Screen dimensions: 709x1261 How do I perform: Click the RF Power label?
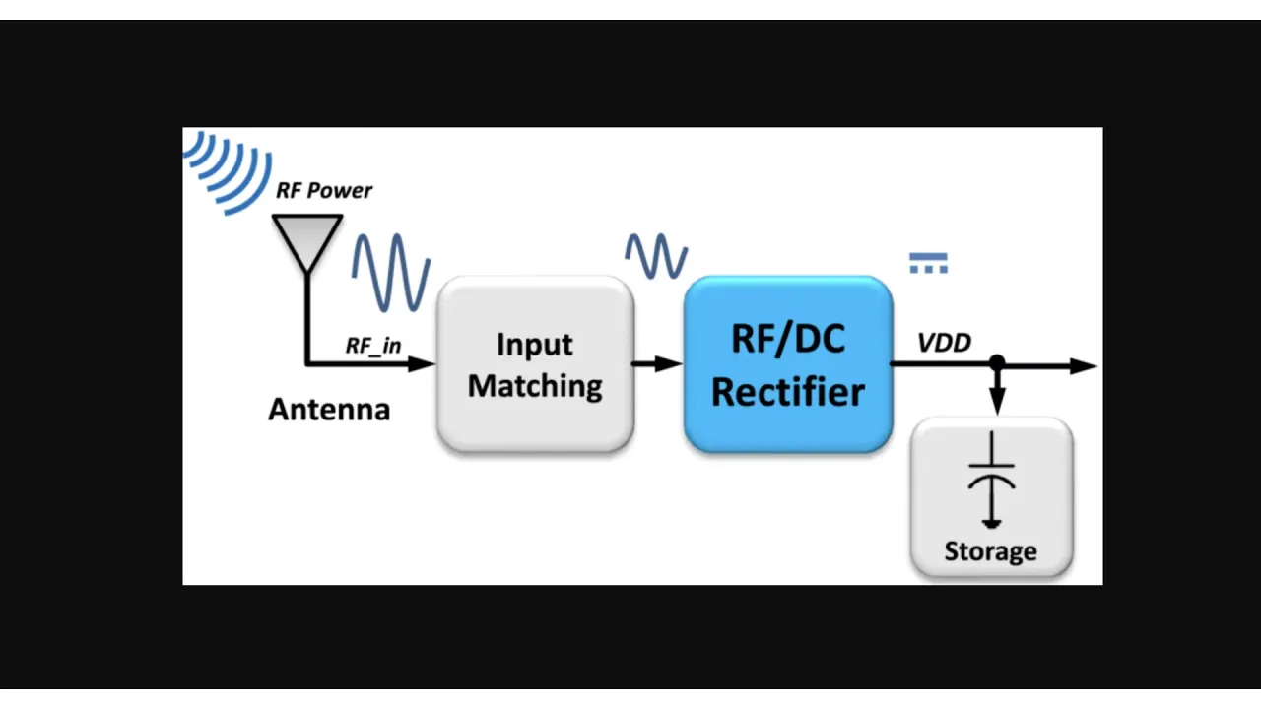pyautogui.click(x=323, y=190)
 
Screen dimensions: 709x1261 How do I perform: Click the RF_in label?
pyautogui.click(x=373, y=346)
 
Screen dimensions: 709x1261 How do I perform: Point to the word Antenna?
pyautogui.click(x=329, y=410)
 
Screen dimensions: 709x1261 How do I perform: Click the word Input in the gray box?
pyautogui.click(x=534, y=345)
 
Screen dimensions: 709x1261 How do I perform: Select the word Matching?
pyautogui.click(x=534, y=386)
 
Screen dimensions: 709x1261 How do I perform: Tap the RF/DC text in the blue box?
pyautogui.click(x=787, y=340)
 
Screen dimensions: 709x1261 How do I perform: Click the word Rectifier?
pyautogui.click(x=787, y=391)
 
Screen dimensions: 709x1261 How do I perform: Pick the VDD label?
pyautogui.click(x=944, y=343)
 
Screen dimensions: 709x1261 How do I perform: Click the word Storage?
pyautogui.click(x=990, y=551)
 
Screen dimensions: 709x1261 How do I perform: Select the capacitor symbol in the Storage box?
pyautogui.click(x=991, y=481)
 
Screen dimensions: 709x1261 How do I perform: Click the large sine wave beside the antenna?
pyautogui.click(x=391, y=272)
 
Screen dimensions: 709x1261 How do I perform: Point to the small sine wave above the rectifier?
pyautogui.click(x=656, y=255)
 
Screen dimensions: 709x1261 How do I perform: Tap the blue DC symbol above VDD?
pyautogui.click(x=928, y=263)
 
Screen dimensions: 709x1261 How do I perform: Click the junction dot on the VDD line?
pyautogui.click(x=997, y=364)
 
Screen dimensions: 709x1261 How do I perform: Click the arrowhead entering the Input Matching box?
pyautogui.click(x=423, y=363)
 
